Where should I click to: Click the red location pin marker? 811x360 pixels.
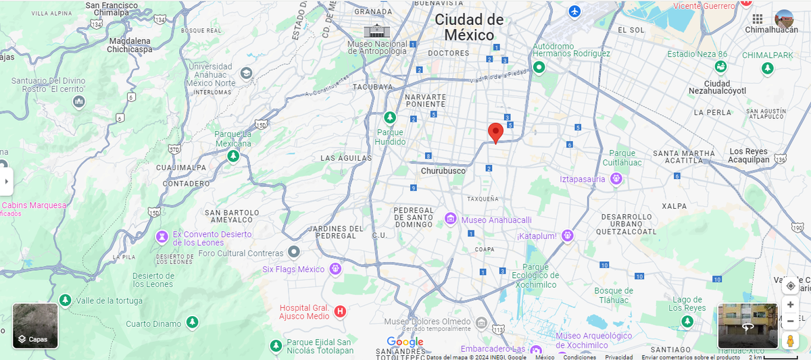(495, 132)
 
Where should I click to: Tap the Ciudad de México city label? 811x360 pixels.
(468, 28)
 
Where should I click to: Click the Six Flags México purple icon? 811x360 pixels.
(335, 269)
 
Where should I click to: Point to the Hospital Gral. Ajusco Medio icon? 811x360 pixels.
(341, 311)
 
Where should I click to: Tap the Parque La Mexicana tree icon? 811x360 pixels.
(233, 156)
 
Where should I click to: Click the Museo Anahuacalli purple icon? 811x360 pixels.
(451, 219)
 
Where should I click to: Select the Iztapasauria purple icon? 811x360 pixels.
(616, 178)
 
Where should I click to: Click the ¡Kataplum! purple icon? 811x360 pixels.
(568, 235)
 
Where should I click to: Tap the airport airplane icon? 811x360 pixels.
(574, 11)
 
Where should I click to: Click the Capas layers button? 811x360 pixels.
(35, 326)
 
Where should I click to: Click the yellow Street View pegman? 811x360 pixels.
(790, 341)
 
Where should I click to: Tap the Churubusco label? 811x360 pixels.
(443, 171)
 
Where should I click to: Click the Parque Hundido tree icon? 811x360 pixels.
(390, 118)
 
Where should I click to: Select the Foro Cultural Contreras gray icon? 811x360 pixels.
(293, 252)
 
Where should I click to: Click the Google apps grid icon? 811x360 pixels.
(758, 19)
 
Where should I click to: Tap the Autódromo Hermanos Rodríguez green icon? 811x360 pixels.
(539, 67)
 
